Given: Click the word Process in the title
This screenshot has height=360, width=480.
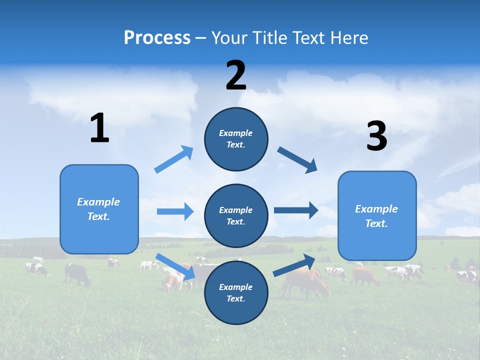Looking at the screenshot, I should (157, 37).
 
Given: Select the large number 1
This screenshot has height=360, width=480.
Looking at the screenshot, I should (99, 128).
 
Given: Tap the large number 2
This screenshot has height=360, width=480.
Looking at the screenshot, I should (236, 75).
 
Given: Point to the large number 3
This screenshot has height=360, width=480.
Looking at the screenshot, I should (376, 136).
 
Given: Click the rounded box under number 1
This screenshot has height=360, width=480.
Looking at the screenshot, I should (99, 209).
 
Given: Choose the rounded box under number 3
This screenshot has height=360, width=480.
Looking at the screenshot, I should (377, 215).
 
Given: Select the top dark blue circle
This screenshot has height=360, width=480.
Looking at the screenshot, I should (236, 139).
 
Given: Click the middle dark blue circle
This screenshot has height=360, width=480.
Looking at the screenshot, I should (236, 215).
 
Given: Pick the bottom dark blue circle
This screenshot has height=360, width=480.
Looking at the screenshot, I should (236, 292).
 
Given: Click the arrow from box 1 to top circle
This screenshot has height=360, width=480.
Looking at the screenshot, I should (174, 159).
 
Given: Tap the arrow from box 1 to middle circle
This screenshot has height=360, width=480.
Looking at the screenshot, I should (175, 211).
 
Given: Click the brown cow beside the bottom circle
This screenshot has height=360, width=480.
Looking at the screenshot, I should (305, 282).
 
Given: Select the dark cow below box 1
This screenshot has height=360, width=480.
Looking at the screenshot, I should (77, 274).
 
